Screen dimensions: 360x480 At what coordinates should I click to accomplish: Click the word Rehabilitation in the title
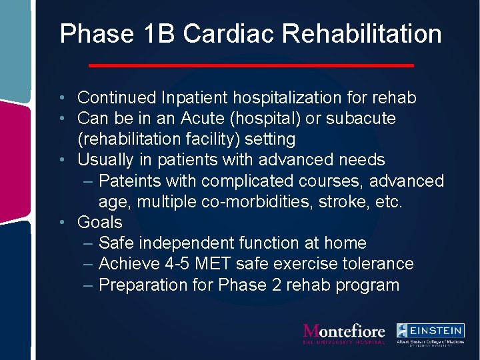click(358, 34)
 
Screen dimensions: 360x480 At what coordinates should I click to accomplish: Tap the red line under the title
click(251, 65)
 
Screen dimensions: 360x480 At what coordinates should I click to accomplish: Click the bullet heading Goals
click(100, 223)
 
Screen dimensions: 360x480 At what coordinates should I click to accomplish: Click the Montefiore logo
click(344, 333)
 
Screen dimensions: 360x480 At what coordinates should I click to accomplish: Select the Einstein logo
click(430, 333)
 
